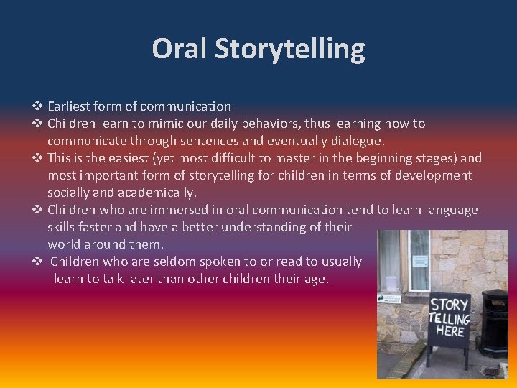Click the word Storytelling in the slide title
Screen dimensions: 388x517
click(289, 50)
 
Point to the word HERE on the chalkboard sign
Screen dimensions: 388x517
click(450, 331)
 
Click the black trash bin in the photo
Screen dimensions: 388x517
click(495, 323)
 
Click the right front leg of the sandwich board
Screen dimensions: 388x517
click(466, 358)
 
